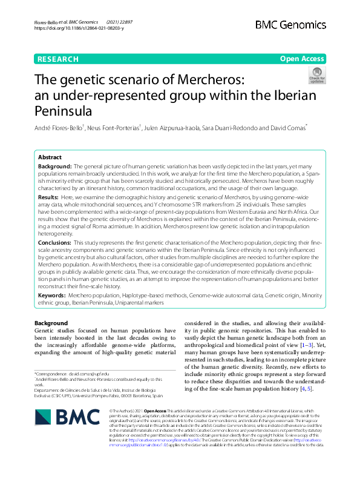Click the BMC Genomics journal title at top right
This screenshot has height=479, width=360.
point(290,25)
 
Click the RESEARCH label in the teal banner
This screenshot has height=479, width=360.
point(57,59)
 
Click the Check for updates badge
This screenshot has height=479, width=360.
point(317,75)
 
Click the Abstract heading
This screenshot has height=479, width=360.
point(50,156)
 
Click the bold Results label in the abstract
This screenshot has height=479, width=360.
point(48,197)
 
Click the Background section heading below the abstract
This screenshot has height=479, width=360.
point(51,323)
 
